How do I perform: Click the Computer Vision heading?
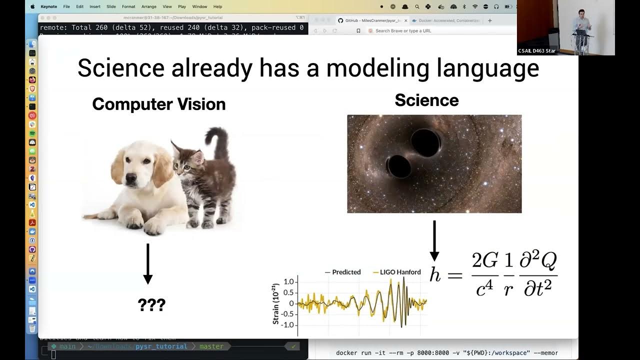point(158,104)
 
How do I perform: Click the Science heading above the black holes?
point(426,100)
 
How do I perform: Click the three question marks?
point(151,305)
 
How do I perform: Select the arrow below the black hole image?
point(434,240)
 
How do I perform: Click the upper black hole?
point(425,143)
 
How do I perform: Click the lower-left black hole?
point(399,166)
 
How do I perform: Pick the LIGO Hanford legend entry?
point(397,272)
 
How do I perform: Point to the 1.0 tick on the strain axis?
point(288,282)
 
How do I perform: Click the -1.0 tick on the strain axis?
point(287,325)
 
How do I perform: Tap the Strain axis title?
point(275,304)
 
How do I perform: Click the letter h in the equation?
point(435,274)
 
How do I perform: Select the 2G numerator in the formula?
point(485,260)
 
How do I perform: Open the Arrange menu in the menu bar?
point(148,6)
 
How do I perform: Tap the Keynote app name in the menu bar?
point(48,6)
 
